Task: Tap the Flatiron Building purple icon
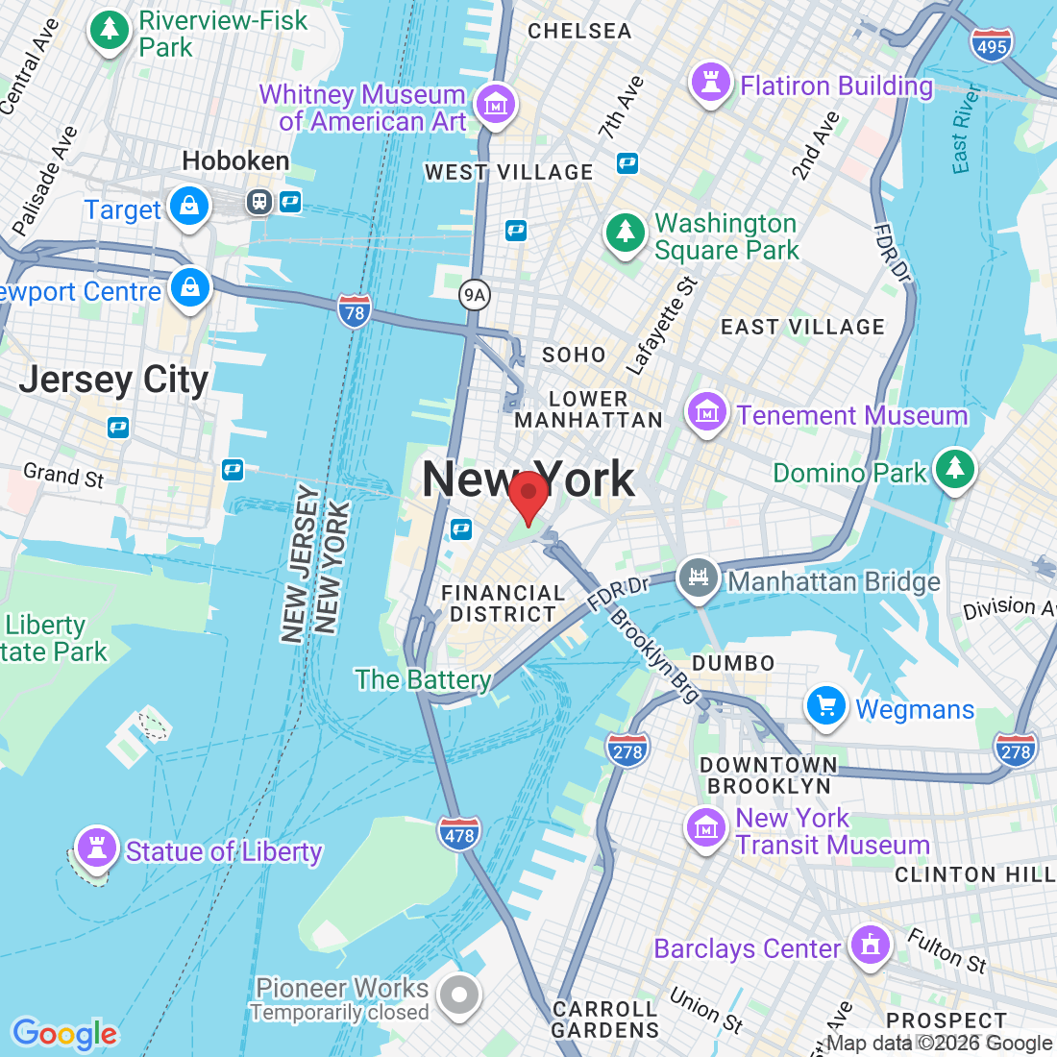pos(711,83)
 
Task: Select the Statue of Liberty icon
pos(96,848)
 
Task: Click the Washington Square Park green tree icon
pos(625,234)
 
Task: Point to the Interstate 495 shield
pos(991,46)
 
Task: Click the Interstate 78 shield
pos(354,311)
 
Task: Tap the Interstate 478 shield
pos(459,834)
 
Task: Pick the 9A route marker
pos(474,294)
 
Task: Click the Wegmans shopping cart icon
pos(825,707)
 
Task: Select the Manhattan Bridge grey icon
pos(699,578)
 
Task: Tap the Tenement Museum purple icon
pos(706,413)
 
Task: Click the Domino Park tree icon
pos(954,469)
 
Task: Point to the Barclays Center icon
pos(871,945)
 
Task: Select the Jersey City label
pos(113,380)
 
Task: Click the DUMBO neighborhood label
pos(733,663)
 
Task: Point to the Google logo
pos(64,1034)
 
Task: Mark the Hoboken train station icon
pos(259,202)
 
